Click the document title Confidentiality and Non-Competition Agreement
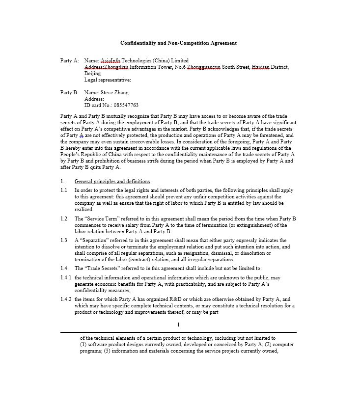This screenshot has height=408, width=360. click(178, 43)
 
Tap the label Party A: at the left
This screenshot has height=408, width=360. click(69, 60)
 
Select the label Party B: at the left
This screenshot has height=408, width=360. click(69, 92)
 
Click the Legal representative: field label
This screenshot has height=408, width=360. click(108, 80)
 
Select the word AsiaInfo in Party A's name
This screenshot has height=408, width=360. click(111, 60)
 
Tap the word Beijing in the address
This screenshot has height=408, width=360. click(92, 73)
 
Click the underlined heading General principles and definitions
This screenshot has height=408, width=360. click(112, 182)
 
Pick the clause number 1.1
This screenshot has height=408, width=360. click(64, 190)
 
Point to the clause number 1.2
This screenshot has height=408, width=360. click(64, 218)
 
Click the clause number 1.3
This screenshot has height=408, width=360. click(64, 240)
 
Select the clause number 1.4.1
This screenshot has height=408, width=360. click(66, 277)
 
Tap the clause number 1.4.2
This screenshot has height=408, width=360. click(66, 299)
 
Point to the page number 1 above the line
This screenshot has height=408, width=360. click(178, 325)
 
